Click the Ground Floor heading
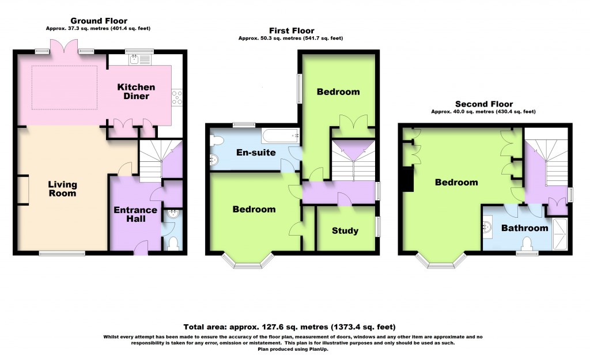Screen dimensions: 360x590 tap(99, 21)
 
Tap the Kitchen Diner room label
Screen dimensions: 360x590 tap(137, 91)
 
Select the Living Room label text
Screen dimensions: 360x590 tap(62, 189)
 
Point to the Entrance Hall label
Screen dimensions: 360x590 tap(135, 214)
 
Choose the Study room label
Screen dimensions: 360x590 tap(345, 231)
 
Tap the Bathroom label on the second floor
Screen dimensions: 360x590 tap(524, 228)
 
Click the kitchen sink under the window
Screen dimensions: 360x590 tap(134, 58)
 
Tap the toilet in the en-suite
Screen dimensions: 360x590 tap(217, 140)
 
